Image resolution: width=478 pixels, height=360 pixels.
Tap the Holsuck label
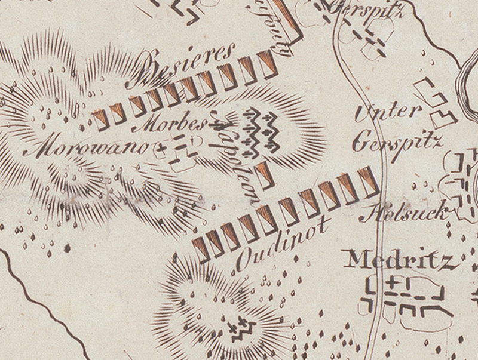pos(405,213)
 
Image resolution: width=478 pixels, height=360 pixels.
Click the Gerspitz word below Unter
pos(397,142)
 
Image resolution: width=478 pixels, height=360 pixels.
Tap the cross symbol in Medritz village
pos(392,281)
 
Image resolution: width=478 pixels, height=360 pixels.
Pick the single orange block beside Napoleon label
pos(265,173)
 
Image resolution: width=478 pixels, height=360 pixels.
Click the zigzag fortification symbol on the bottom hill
pos(242,328)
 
